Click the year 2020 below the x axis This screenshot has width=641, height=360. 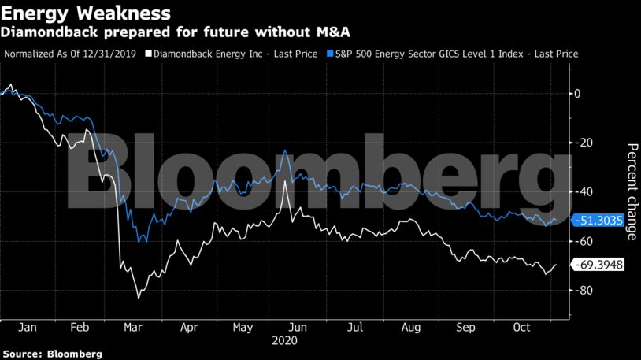(x=283, y=341)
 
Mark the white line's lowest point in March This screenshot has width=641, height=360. (x=139, y=298)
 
